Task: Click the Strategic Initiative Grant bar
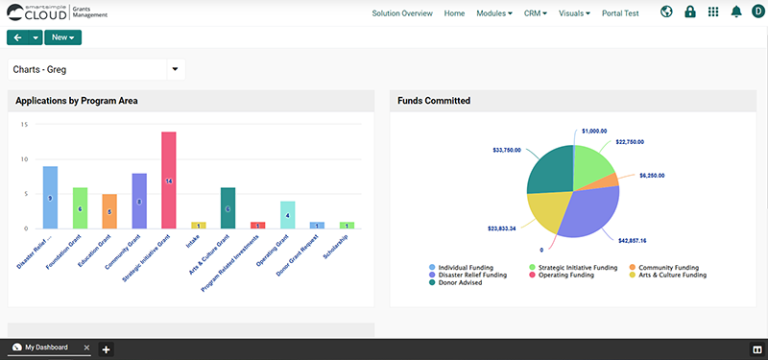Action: click(169, 180)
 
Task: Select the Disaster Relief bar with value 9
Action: click(50, 198)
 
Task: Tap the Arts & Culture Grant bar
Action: click(228, 208)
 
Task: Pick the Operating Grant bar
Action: click(287, 215)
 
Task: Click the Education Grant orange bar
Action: click(109, 211)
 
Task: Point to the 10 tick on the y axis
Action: click(25, 159)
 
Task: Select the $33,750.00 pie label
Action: click(506, 150)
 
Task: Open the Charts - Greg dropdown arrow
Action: click(175, 69)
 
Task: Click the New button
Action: click(62, 37)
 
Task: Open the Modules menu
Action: click(494, 13)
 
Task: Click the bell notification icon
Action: click(736, 12)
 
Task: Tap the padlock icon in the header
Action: click(689, 12)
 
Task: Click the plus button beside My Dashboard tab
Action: click(107, 348)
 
